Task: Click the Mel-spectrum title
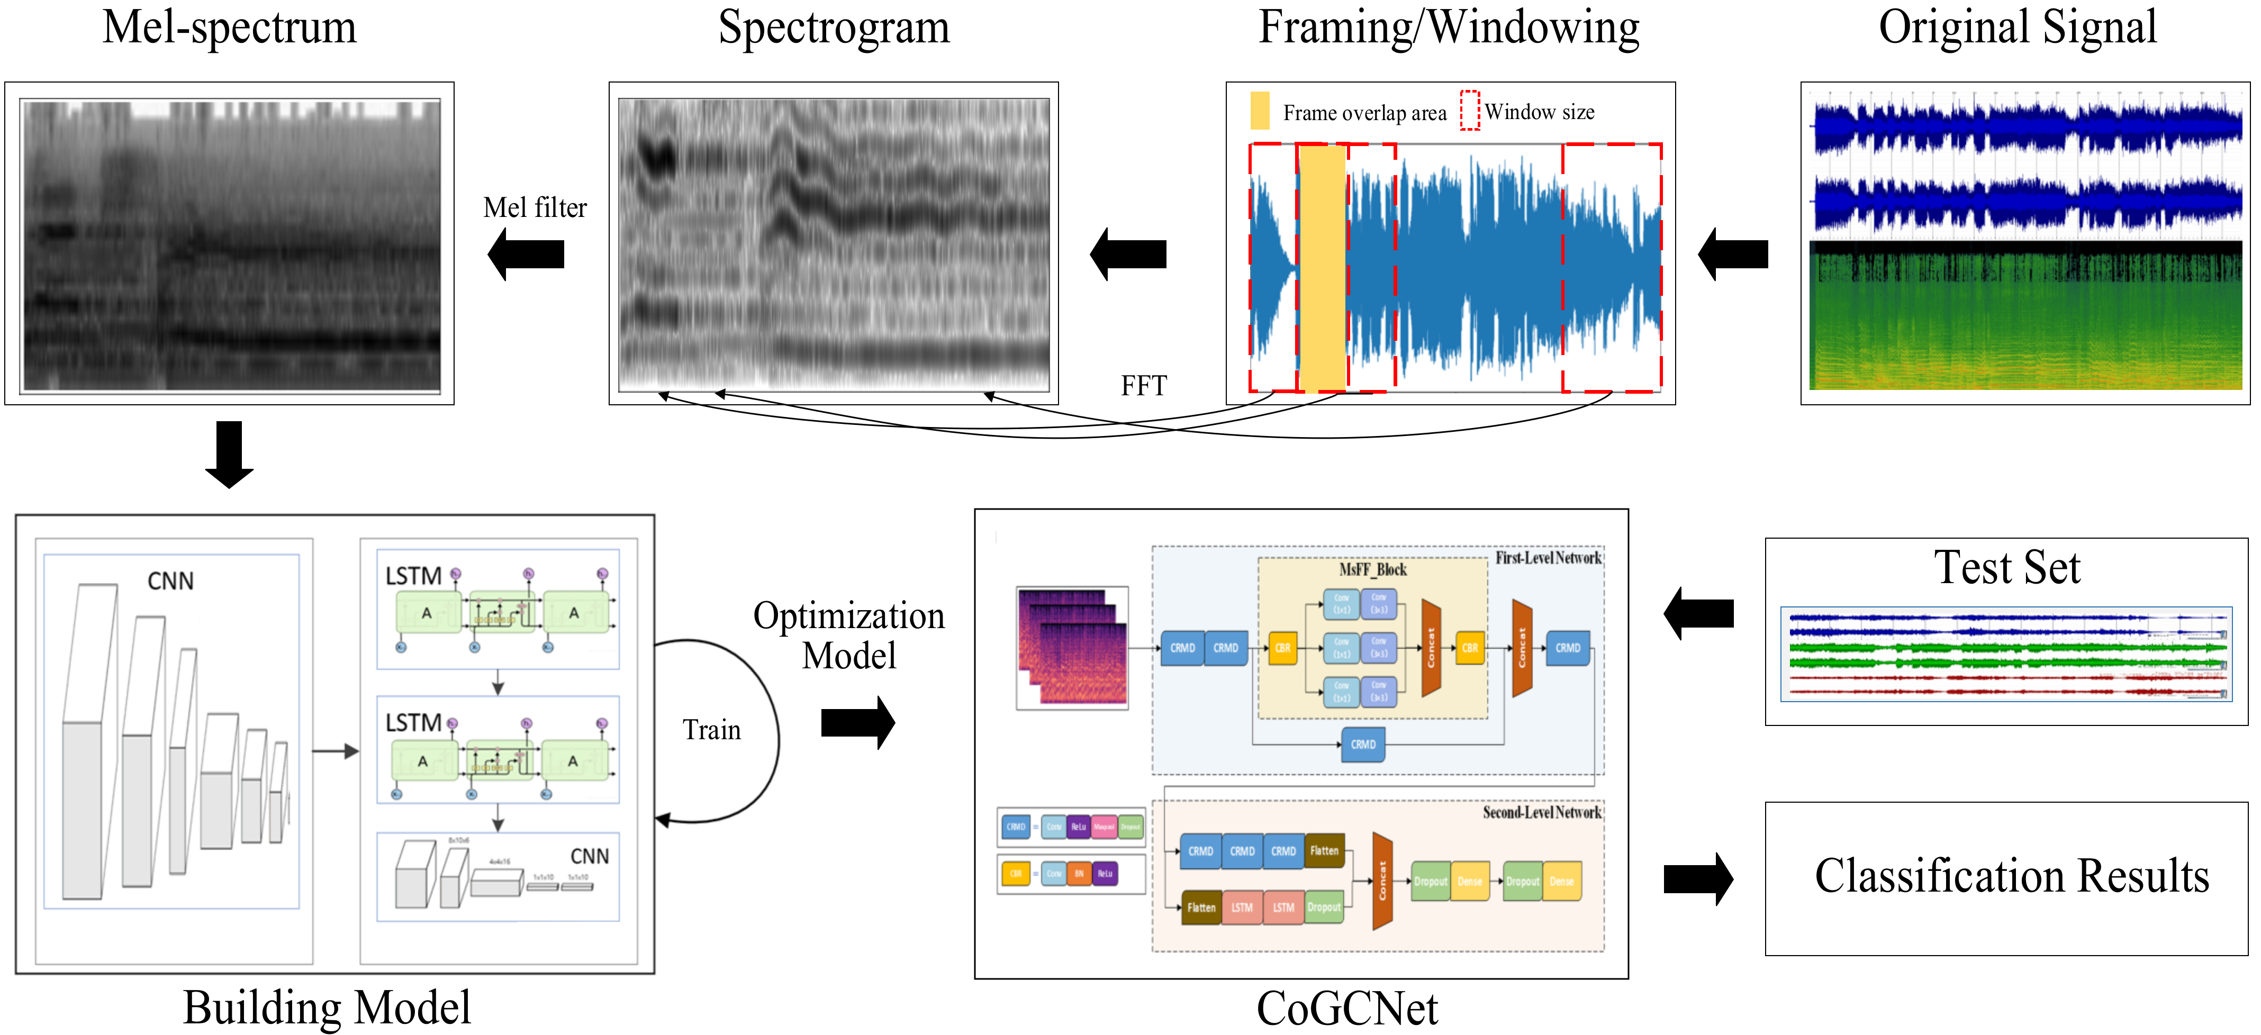coord(229,27)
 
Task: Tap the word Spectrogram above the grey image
coord(833,27)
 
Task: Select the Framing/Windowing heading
coord(1448,27)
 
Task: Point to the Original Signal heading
coord(2017,27)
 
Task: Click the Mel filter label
coord(535,208)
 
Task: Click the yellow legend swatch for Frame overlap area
coord(1260,111)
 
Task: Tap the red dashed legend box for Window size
coord(1469,111)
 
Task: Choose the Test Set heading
coord(2006,568)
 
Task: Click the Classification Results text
coord(2011,876)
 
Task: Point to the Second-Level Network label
coord(1541,813)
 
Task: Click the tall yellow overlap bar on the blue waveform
coord(1322,268)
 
